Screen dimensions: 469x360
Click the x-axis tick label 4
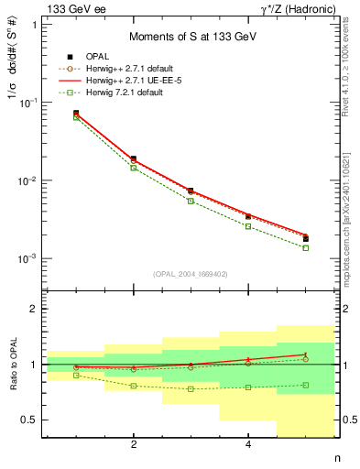click(248, 445)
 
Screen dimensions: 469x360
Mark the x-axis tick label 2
click(134, 445)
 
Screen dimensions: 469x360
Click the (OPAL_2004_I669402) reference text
click(190, 273)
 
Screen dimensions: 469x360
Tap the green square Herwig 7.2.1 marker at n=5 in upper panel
click(305, 247)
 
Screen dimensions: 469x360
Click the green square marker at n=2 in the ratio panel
click(134, 386)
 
